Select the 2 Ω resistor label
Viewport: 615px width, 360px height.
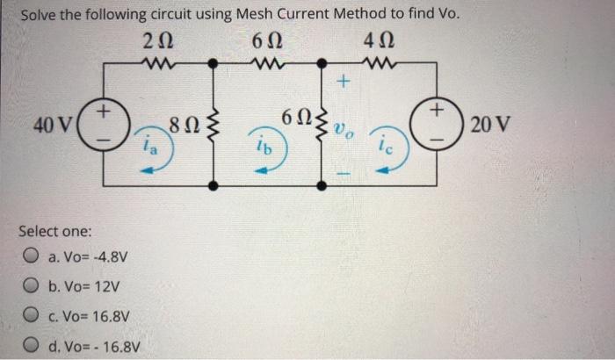pos(150,40)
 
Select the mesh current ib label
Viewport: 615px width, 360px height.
pos(264,148)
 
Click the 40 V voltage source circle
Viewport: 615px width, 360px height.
pos(103,126)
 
